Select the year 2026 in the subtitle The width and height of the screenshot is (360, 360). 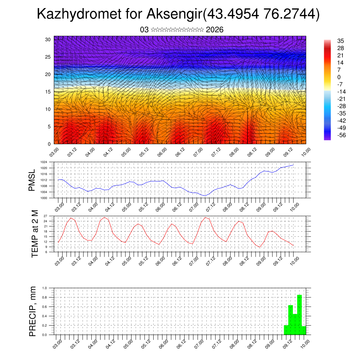pyautogui.click(x=214, y=30)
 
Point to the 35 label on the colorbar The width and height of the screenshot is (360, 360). pyautogui.click(x=340, y=41)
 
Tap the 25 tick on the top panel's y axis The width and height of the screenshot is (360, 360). pyautogui.click(x=48, y=57)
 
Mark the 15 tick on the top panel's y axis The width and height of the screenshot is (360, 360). pyautogui.click(x=48, y=91)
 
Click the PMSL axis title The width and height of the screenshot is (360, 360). pyautogui.click(x=32, y=180)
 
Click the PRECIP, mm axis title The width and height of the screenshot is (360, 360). pyautogui.click(x=33, y=311)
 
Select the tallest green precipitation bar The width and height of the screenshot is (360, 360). pyautogui.click(x=300, y=315)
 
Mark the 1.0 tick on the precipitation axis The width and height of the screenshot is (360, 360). pyautogui.click(x=45, y=288)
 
